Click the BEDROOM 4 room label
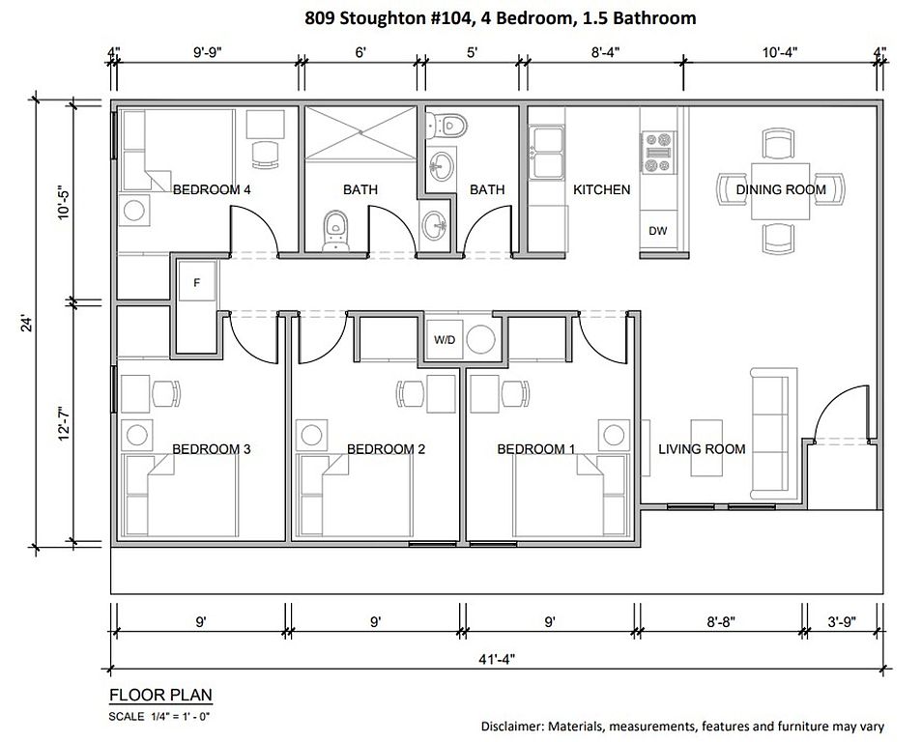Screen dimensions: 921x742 click(x=212, y=189)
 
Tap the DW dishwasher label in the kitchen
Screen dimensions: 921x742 click(x=658, y=231)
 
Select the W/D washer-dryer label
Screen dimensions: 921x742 click(x=445, y=339)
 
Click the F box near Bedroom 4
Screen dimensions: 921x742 click(x=197, y=282)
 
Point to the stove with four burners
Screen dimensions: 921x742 click(x=656, y=152)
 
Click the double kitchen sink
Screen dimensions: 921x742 click(x=547, y=152)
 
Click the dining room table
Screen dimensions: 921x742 click(x=781, y=190)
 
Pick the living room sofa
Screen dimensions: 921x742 click(x=770, y=433)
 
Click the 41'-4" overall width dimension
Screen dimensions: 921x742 click(x=497, y=659)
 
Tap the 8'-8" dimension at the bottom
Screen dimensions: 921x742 click(x=720, y=621)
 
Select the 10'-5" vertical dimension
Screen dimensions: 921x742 click(x=64, y=203)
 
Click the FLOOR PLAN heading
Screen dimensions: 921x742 click(x=160, y=695)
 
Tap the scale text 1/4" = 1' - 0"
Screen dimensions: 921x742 click(x=180, y=716)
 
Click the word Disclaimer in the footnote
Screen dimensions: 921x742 click(x=513, y=727)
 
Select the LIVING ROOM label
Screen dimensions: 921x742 click(x=702, y=449)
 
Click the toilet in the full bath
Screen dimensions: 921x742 click(x=335, y=231)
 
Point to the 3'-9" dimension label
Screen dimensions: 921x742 click(x=842, y=621)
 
